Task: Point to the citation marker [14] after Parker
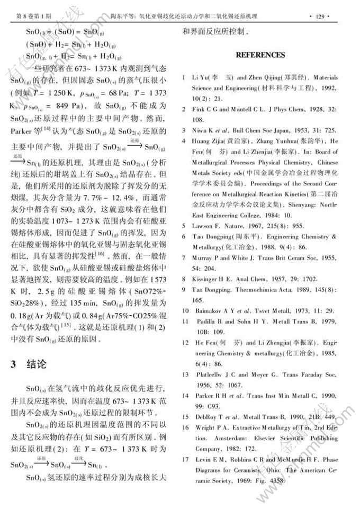(52, 129)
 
